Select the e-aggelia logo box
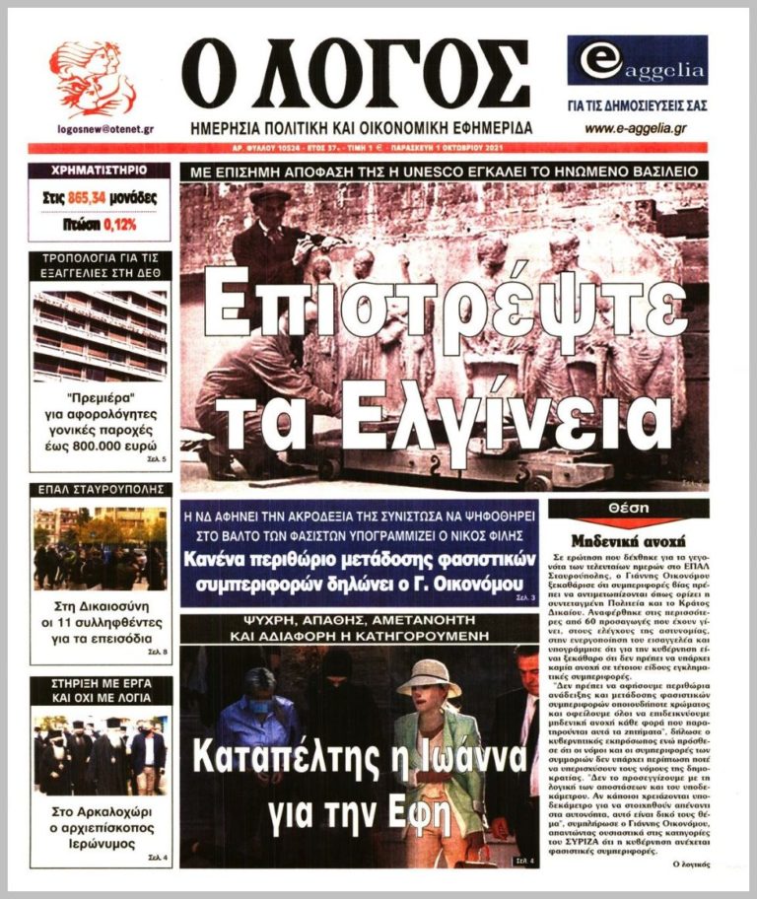coord(636,60)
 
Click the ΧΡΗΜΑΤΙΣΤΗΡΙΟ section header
coord(100,171)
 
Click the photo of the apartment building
coord(100,336)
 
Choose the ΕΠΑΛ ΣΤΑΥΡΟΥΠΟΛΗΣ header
coord(100,489)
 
